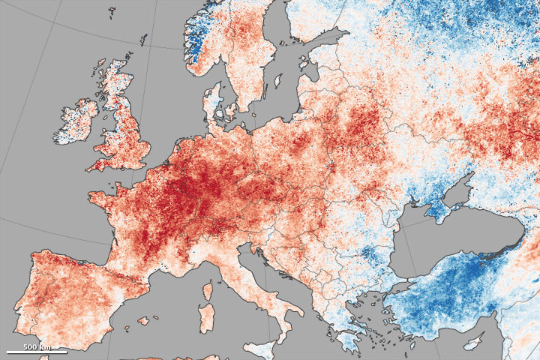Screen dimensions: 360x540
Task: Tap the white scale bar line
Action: (x=36, y=352)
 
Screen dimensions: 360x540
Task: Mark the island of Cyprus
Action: (x=472, y=343)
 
